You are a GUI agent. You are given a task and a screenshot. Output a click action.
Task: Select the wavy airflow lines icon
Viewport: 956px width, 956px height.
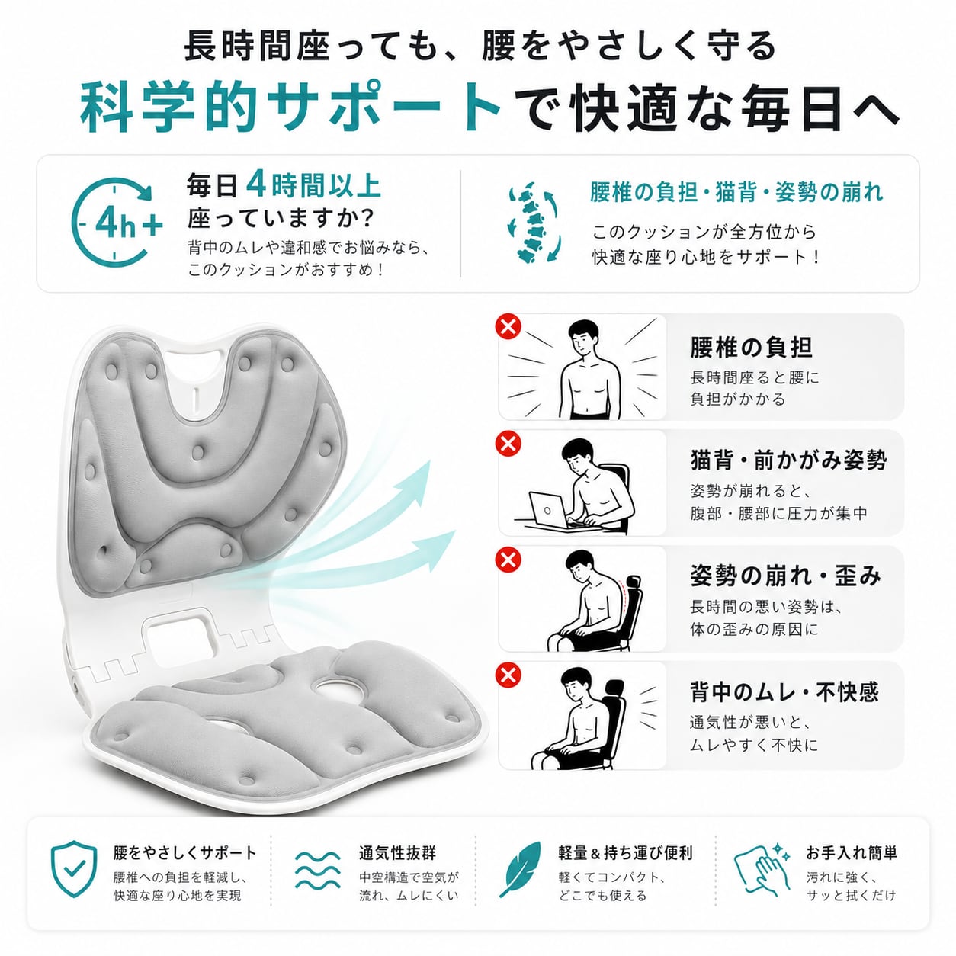pos(317,870)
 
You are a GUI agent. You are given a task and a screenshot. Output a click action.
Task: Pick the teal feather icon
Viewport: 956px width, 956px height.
pos(521,869)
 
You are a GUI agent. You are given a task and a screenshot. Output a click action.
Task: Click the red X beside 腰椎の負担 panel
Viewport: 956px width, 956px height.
pos(508,327)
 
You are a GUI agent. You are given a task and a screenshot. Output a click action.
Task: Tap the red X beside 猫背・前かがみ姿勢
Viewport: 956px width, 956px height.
pos(508,443)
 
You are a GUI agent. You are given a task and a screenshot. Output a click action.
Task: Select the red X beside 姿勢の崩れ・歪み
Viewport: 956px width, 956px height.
pos(508,559)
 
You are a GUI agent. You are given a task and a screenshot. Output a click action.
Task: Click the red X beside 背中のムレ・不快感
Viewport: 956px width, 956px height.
pos(508,675)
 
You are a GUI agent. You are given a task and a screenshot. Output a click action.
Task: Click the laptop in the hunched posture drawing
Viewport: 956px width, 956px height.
pos(548,510)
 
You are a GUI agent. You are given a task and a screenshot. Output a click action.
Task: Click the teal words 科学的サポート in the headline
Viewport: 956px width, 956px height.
pos(290,107)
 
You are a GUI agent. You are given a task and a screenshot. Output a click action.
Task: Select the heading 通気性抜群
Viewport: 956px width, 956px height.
pos(397,853)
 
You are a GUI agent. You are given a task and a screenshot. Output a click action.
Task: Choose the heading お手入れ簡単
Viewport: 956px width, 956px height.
pos(852,853)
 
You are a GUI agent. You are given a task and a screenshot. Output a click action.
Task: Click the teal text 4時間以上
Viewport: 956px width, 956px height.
pos(313,185)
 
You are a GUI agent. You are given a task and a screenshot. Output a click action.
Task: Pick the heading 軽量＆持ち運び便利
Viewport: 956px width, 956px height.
pos(625,853)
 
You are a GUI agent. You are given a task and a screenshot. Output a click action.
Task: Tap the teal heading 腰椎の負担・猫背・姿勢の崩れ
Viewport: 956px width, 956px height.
pos(736,192)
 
